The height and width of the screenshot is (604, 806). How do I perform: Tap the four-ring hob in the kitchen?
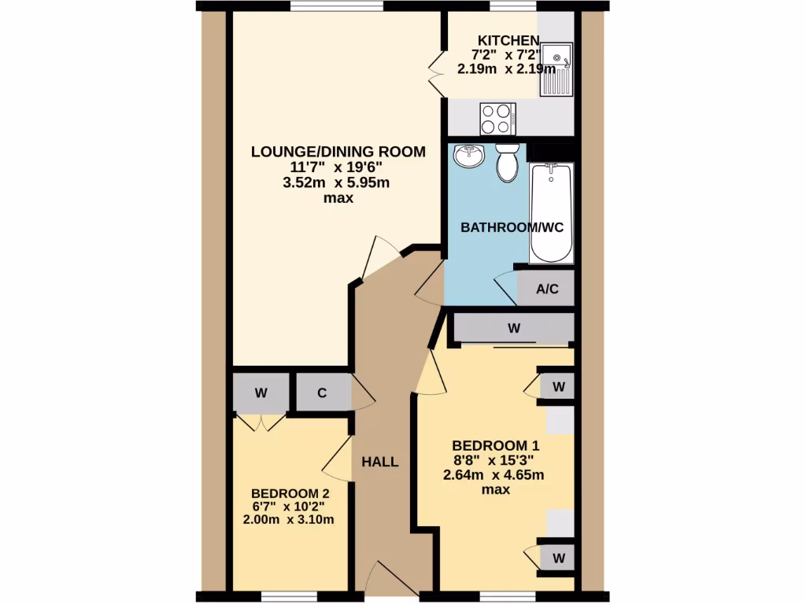(497, 119)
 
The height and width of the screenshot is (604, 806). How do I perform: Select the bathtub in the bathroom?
(552, 212)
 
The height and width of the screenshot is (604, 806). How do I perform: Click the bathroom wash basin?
(470, 156)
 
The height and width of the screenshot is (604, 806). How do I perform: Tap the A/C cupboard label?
(547, 289)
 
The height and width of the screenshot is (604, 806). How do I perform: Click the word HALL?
(380, 462)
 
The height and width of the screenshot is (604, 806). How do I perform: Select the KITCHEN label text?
(509, 41)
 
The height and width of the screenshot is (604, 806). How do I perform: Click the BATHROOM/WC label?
(512, 227)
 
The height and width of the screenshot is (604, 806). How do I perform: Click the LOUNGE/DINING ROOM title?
(338, 152)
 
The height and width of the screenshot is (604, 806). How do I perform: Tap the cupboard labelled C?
(323, 392)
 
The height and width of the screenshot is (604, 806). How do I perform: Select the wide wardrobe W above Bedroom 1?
(514, 329)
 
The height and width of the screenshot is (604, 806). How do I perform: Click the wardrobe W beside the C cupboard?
(261, 392)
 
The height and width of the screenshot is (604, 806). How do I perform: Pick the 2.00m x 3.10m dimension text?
(290, 519)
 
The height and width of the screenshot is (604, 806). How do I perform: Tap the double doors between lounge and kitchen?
(436, 73)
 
